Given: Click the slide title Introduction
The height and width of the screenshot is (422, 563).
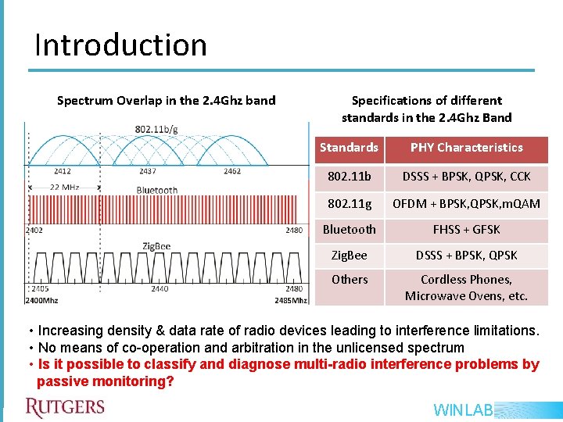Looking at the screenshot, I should point(120,45).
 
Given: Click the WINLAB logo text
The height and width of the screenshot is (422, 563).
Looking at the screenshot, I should point(462,409).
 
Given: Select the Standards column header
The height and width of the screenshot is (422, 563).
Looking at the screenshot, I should point(349,148).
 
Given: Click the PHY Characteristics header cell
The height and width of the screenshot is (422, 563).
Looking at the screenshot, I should point(466,148).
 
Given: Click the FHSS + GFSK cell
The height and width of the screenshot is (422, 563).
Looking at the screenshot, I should point(466,230).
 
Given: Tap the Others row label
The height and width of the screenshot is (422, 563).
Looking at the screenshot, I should point(349,279).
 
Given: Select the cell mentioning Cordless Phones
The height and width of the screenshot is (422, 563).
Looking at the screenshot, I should point(466,288).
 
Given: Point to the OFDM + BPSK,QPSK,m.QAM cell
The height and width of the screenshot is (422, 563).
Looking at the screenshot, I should point(466,203).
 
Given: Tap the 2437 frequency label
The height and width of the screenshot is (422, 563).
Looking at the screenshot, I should point(147,171).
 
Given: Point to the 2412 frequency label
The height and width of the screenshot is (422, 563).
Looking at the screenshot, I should point(63,171).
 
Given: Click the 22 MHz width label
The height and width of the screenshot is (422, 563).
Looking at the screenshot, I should point(66,188).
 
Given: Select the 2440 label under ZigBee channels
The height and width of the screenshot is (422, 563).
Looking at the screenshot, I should point(160,288).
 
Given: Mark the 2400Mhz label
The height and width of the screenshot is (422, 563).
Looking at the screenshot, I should point(41,299).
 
